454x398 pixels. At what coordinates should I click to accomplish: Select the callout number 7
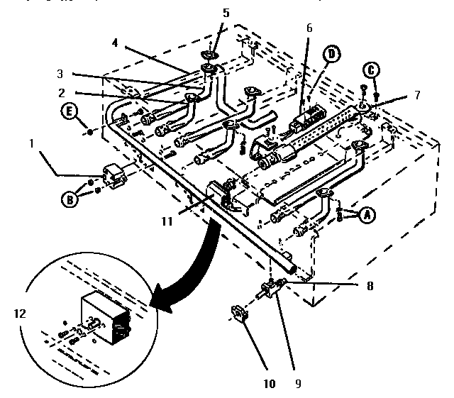pos(416,95)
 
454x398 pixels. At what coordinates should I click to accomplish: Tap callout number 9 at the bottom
pos(298,384)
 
